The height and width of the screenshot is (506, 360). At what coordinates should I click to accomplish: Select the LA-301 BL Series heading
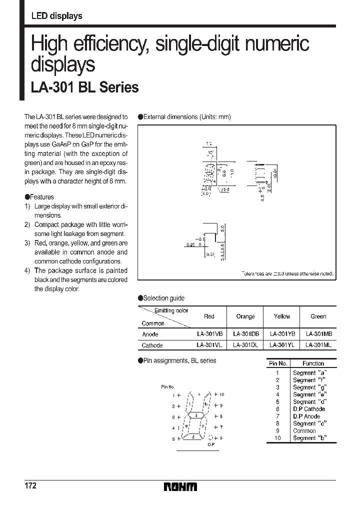coord(84,87)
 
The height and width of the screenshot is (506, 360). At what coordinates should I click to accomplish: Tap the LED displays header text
coord(56,16)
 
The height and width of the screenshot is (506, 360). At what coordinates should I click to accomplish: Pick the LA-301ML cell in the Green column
coord(318,345)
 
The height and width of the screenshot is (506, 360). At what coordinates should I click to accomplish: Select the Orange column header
coord(245,316)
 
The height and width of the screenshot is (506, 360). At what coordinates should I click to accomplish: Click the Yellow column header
coord(282,316)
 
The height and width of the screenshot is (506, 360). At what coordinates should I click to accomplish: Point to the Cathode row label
coord(152,345)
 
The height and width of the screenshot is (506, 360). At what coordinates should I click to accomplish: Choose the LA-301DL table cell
coord(245,345)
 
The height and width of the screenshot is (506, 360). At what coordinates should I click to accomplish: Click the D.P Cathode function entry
coord(308,409)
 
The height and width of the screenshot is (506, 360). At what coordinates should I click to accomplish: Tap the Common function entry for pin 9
coord(304,430)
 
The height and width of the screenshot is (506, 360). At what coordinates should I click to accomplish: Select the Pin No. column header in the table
coord(277,363)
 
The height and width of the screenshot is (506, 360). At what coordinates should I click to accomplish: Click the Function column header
coord(313,363)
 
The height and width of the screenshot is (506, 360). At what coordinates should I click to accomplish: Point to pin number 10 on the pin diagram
coord(221,394)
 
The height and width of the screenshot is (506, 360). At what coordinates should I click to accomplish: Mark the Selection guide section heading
coord(163,298)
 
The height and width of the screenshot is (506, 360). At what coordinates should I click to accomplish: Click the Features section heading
coord(41,197)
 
